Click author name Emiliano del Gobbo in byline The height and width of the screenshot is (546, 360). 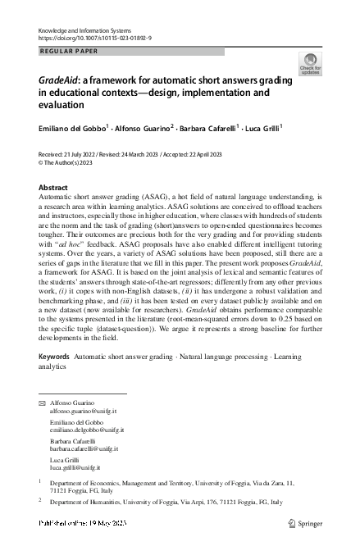[71, 128]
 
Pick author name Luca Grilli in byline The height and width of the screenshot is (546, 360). [262, 128]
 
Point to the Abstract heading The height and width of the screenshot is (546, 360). [53, 188]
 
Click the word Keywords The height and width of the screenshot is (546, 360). [54, 358]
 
